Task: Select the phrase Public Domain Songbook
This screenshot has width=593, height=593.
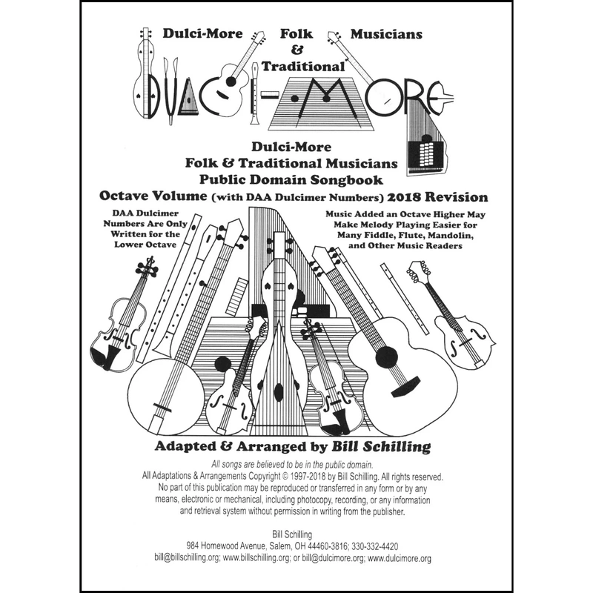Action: click(296, 179)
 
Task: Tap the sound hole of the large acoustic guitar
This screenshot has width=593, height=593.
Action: click(387, 357)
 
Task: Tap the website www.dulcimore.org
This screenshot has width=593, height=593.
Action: click(400, 558)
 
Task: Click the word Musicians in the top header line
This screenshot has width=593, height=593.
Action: click(386, 34)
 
